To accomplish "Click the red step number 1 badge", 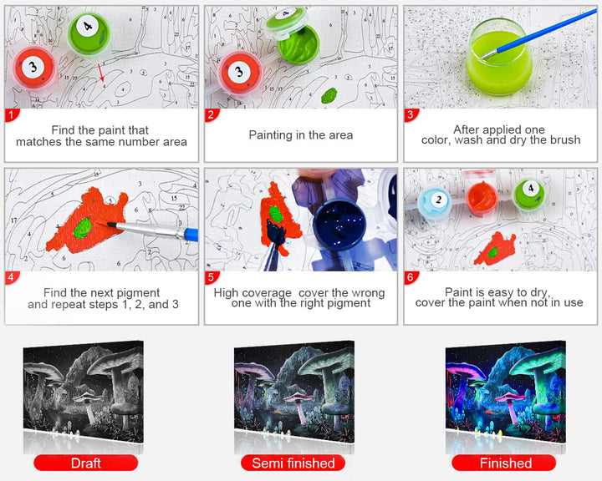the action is coord(11,114).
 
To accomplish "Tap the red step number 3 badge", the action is coord(411,114).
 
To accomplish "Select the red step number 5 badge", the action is coord(211,277).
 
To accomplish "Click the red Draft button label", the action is coord(85,463).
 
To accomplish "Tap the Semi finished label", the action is coord(293,463).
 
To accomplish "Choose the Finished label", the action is coord(504,463).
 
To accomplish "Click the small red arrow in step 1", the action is coord(100,73).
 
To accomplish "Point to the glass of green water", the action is coord(499,57).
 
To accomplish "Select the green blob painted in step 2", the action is coord(329,95).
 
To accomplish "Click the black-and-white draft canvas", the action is coord(84,392).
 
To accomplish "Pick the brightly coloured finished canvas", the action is coord(506,392).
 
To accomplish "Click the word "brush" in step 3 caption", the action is coord(564,140).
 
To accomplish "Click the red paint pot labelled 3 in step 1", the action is coord(33,68).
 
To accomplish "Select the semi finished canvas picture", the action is coord(294,392).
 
